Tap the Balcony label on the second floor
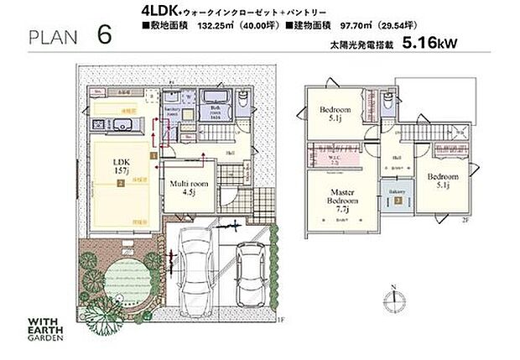click(398, 191)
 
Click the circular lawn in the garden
click(120, 278)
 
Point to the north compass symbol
click(393, 300)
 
